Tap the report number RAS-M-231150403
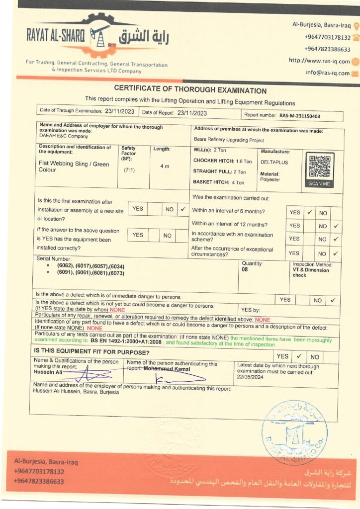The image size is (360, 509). coord(299,115)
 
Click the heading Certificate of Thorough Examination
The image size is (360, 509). coord(190,90)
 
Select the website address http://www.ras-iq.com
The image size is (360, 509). coord(319,61)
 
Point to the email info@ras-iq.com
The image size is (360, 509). coord(327,73)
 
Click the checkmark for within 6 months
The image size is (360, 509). coord(309,212)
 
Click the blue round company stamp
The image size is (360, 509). coord(294,432)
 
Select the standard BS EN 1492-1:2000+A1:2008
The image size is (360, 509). coord(126,343)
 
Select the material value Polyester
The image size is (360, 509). coord(270,179)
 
